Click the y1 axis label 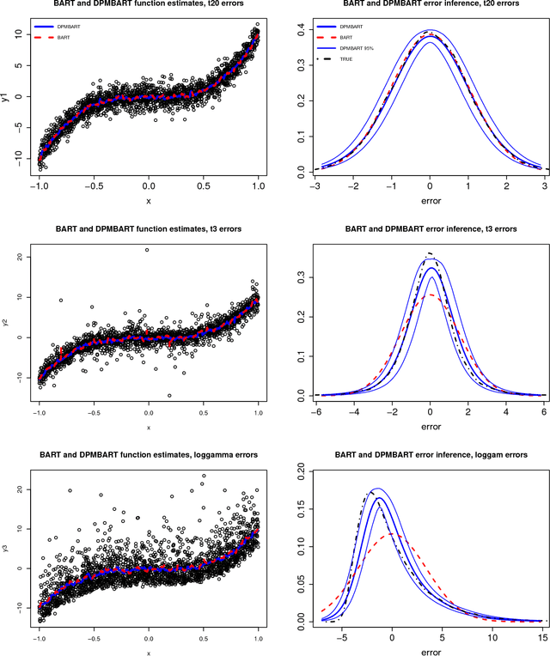click(6, 97)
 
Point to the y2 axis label click(6, 327)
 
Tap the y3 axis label click(6, 544)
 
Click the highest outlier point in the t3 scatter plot click(148, 251)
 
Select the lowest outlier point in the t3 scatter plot click(169, 396)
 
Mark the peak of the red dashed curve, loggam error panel click(392, 534)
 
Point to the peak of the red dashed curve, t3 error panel click(429, 295)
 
